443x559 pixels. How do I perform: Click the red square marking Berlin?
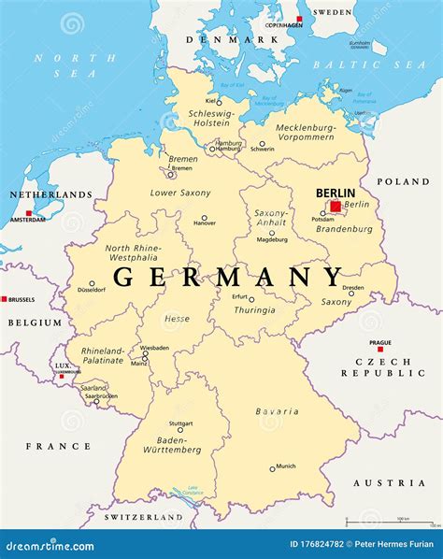(x=336, y=206)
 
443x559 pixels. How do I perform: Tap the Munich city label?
(x=285, y=465)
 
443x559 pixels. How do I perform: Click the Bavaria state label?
(x=277, y=411)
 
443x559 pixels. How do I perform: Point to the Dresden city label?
(x=352, y=287)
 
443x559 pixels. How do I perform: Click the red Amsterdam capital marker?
(x=29, y=213)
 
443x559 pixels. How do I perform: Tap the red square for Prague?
(x=379, y=350)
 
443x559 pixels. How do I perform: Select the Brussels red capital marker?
(x=4, y=299)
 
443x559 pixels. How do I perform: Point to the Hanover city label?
(x=205, y=223)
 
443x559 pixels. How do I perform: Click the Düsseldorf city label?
(x=92, y=290)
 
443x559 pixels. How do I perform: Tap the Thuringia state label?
(x=255, y=310)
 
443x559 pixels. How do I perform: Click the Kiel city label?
(x=211, y=100)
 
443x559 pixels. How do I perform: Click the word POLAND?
(x=403, y=181)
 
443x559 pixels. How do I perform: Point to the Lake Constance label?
(x=194, y=490)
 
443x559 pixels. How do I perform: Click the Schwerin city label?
(x=263, y=149)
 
